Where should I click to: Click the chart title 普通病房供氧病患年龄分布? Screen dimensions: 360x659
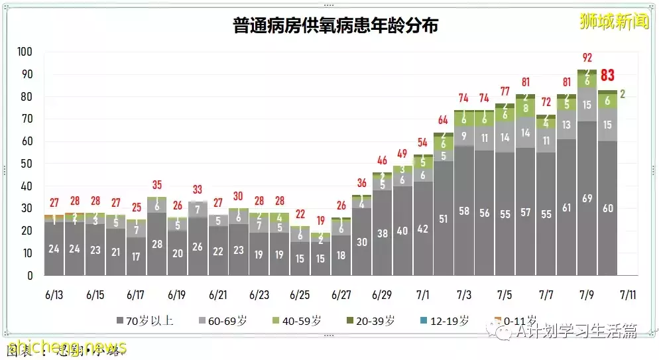pos(335,26)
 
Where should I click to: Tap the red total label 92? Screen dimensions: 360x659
pos(586,57)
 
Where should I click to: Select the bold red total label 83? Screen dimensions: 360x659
pos(607,76)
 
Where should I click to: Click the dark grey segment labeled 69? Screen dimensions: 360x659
pos(587,199)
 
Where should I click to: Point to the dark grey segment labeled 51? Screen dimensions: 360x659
pos(443,219)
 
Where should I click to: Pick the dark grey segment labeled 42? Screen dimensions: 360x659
pos(423,229)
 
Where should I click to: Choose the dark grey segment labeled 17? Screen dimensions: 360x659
pos(136,257)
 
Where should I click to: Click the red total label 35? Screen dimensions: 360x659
pos(156,184)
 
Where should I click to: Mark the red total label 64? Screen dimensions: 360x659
pos(443,120)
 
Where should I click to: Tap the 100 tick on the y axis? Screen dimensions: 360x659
pos(25,52)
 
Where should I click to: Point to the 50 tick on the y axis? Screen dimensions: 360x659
pos(27,164)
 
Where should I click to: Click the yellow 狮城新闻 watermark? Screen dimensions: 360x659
pos(613,21)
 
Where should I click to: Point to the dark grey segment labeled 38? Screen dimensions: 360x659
pos(382,233)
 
